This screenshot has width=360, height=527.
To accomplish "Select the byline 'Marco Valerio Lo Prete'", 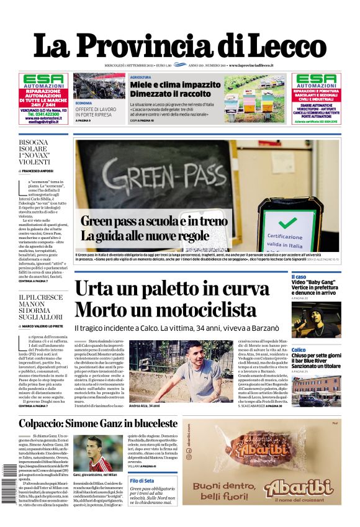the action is click(x=45, y=325).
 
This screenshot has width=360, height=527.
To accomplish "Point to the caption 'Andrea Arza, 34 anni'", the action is click(x=145, y=406).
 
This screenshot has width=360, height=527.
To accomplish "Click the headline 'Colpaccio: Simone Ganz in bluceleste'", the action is click(x=98, y=423).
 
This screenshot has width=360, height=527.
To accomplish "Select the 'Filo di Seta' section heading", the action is click(x=142, y=480).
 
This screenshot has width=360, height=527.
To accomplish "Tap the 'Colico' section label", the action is click(x=299, y=350).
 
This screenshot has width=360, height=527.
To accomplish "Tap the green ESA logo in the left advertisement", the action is click(x=43, y=80).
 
